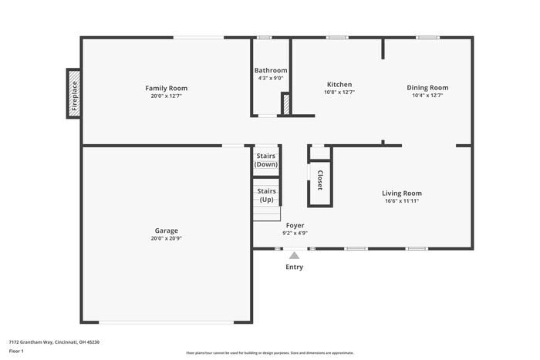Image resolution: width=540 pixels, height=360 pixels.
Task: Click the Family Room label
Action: [167, 88]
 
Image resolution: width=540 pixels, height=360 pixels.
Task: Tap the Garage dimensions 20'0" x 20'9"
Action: [166, 238]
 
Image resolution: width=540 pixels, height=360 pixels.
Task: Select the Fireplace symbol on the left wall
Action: [75, 94]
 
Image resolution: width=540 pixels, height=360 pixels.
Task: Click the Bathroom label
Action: [271, 70]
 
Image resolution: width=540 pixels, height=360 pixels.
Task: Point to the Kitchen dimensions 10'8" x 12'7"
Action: [339, 93]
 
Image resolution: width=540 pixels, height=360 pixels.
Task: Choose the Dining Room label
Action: [427, 88]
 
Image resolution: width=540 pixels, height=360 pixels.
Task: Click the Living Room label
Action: [402, 193]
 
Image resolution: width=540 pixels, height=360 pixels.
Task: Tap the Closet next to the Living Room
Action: [319, 181]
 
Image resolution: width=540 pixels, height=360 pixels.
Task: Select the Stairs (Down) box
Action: [266, 160]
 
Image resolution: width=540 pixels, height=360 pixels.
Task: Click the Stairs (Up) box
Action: [266, 195]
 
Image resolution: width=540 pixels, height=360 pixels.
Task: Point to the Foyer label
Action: [295, 225]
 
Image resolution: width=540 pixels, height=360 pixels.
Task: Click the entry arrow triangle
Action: [294, 255]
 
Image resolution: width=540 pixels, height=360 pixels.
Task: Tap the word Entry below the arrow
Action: [295, 267]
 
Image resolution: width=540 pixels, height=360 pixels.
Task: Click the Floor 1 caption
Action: [16, 351]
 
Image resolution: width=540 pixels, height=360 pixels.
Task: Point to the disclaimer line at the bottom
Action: [270, 352]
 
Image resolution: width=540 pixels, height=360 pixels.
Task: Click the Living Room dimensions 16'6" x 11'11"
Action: [402, 201]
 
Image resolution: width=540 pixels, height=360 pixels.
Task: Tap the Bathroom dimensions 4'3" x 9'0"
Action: [271, 78]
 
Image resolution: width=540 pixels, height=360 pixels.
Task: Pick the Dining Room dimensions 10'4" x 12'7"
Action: [427, 96]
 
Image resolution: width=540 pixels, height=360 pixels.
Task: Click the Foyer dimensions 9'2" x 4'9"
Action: [295, 233]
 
